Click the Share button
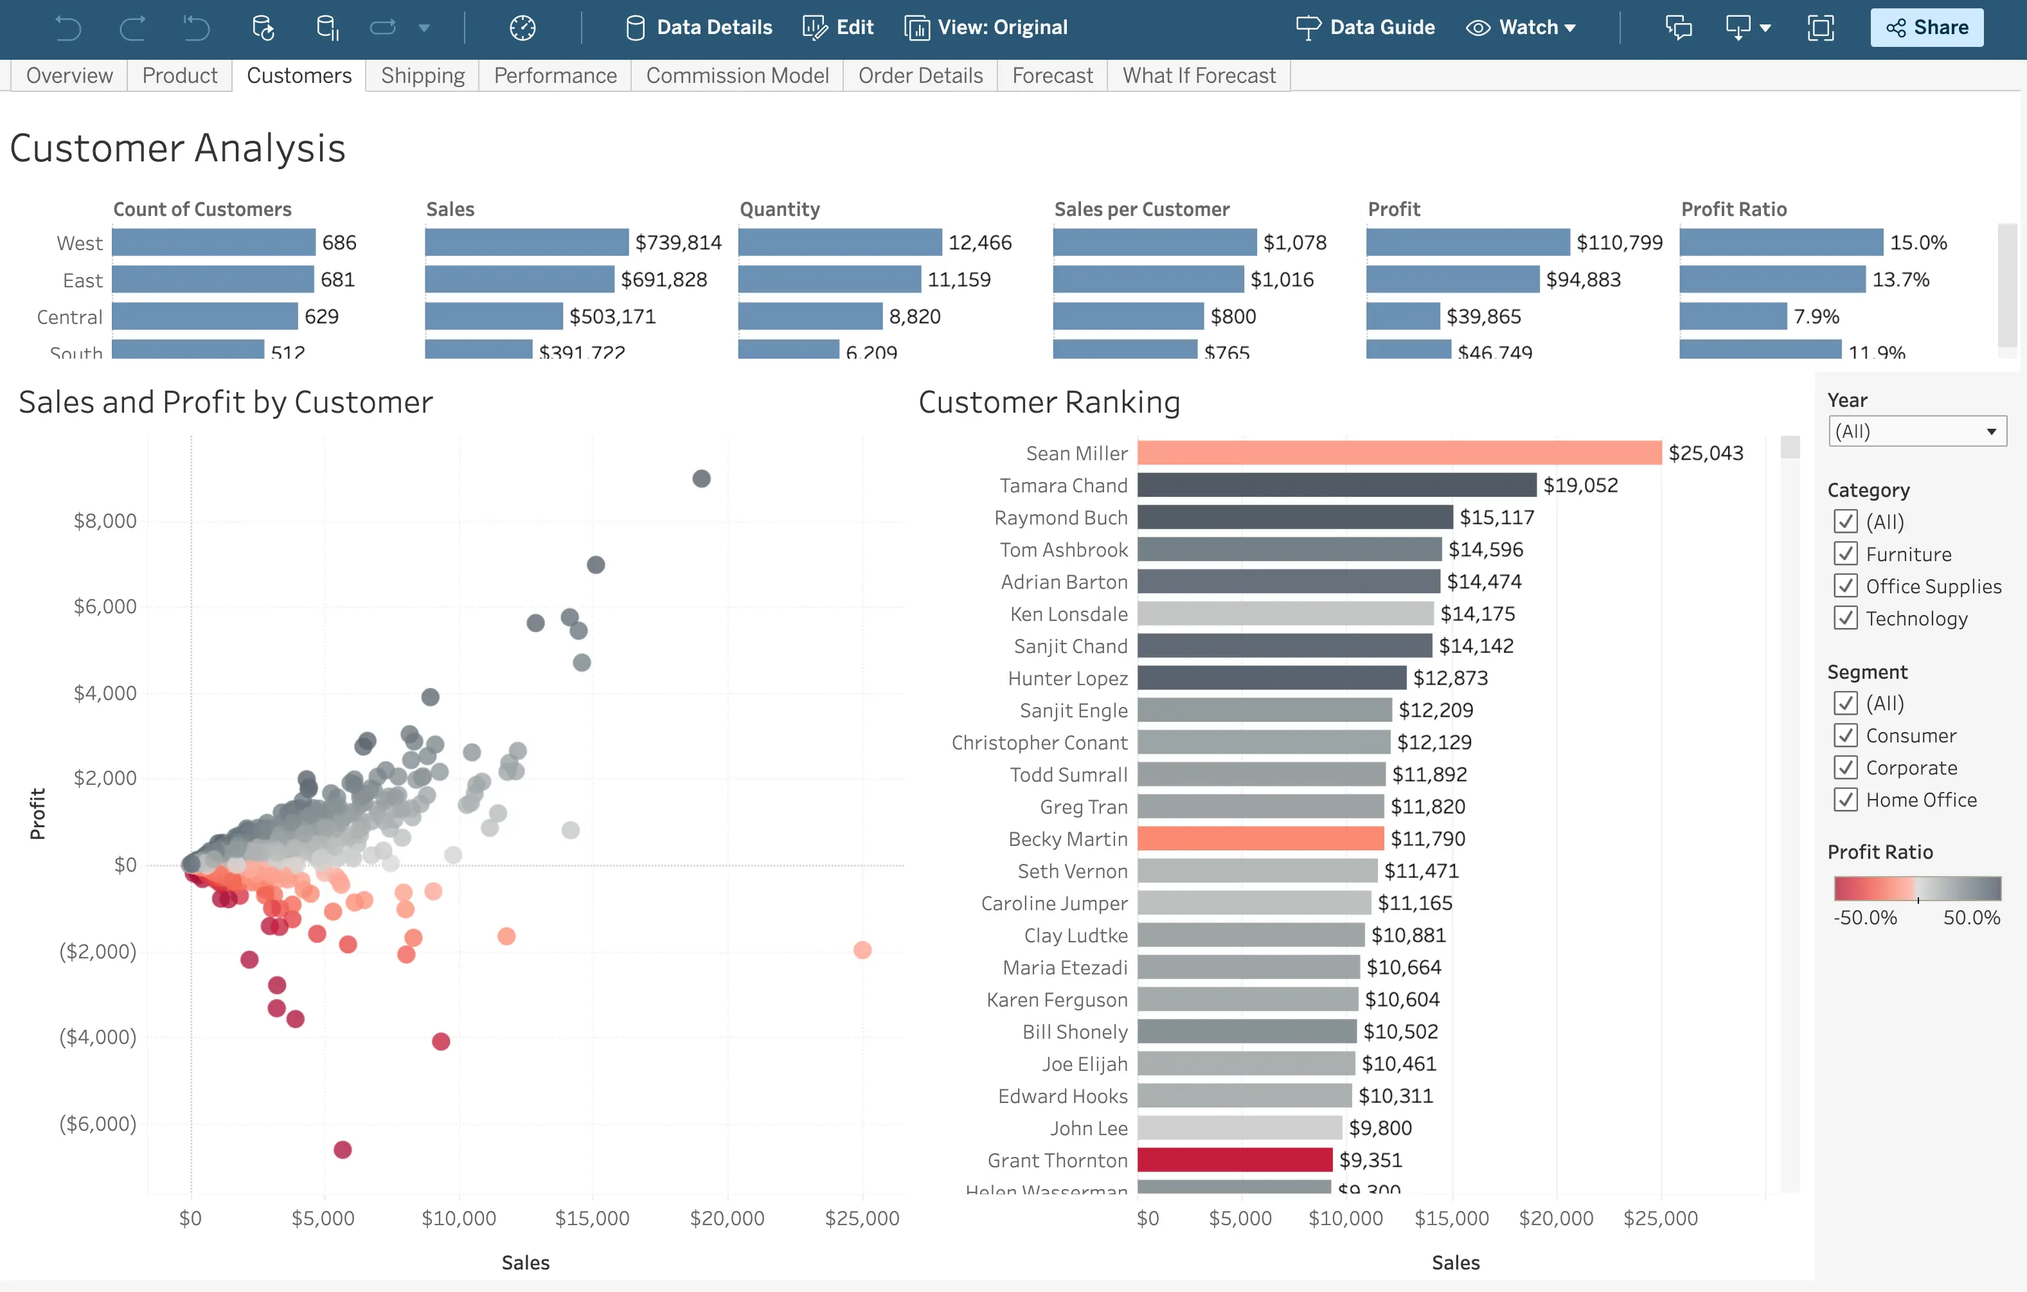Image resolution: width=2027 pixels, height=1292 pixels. [x=1926, y=27]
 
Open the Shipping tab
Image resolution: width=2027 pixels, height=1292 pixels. [x=423, y=76]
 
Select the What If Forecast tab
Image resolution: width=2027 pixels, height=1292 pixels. [x=1198, y=76]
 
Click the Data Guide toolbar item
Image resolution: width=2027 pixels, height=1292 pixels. [x=1364, y=27]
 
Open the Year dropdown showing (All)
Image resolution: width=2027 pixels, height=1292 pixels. [x=1916, y=431]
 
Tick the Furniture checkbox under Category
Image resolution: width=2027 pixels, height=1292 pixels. [x=1845, y=554]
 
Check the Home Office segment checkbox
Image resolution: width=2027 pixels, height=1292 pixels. [x=1845, y=800]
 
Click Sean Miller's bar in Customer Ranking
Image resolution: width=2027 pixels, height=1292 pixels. [x=1398, y=453]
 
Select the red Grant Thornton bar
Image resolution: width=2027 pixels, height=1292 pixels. [x=1234, y=1160]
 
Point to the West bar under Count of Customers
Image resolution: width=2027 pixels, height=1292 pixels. [x=213, y=242]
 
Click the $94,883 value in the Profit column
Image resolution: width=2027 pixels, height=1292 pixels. [x=1582, y=280]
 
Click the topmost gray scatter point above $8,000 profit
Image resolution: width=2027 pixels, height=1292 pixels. [x=701, y=479]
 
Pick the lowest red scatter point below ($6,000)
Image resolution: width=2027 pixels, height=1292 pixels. [x=343, y=1150]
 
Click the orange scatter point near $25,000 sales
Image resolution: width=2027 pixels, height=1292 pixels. [x=862, y=950]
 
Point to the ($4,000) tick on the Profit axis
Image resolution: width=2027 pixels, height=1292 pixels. [x=98, y=1037]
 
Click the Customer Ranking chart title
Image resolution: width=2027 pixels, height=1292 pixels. [x=1048, y=402]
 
